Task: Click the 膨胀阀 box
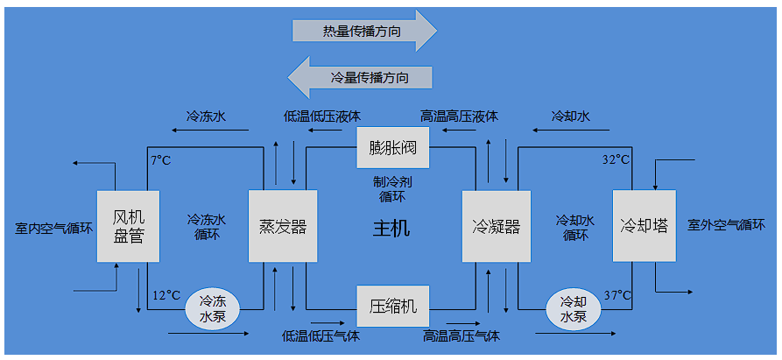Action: pos(392,147)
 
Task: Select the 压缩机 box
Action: pos(392,307)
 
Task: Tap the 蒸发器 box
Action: pos(282,227)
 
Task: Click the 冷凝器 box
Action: pos(496,227)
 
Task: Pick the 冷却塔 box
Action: pos(646,226)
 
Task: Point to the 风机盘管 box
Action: pos(128,226)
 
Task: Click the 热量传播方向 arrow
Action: pos(363,32)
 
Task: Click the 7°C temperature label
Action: pos(160,160)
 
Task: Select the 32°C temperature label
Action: pos(616,160)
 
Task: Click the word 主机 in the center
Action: pos(391,229)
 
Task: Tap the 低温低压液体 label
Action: pos(322,116)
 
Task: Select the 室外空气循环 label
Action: pos(732,225)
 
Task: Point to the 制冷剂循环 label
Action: pos(391,189)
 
